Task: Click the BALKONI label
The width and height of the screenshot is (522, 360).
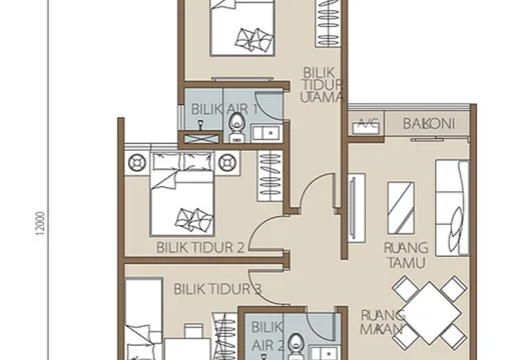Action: tap(428, 124)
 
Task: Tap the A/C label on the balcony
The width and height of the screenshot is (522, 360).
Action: tap(367, 125)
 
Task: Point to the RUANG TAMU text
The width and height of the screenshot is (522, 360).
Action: tap(405, 255)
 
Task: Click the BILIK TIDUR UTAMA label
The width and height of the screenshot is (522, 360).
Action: tap(322, 84)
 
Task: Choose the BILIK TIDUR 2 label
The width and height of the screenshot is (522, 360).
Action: tap(200, 247)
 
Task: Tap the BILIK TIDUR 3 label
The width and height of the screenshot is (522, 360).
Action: tap(218, 289)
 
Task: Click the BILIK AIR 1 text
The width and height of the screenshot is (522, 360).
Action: tap(224, 109)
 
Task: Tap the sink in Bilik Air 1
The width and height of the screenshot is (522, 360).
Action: tap(266, 133)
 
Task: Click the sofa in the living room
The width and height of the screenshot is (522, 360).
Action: tap(452, 207)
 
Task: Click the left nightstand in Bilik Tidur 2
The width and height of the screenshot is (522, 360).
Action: tap(138, 161)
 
